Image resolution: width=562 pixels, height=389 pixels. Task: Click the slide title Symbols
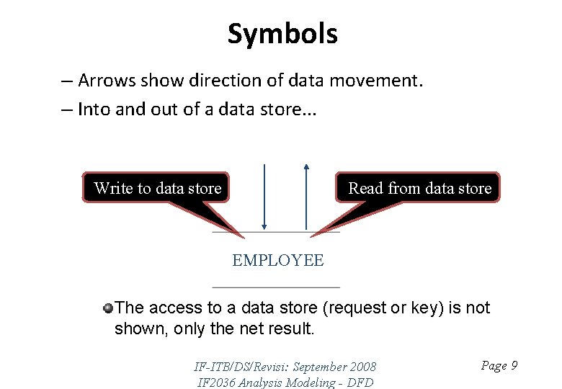tap(282, 34)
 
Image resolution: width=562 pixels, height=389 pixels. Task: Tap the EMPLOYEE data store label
tap(277, 260)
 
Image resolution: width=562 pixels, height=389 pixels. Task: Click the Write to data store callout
tap(157, 188)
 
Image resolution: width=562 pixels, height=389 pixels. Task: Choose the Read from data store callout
tap(419, 188)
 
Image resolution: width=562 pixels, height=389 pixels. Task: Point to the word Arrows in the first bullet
tap(107, 80)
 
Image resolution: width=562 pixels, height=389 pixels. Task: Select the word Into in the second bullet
tap(92, 109)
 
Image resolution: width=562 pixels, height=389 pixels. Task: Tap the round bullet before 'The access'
tap(107, 308)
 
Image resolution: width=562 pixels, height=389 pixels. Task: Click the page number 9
tap(514, 366)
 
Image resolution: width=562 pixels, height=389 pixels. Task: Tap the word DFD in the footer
tap(360, 383)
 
